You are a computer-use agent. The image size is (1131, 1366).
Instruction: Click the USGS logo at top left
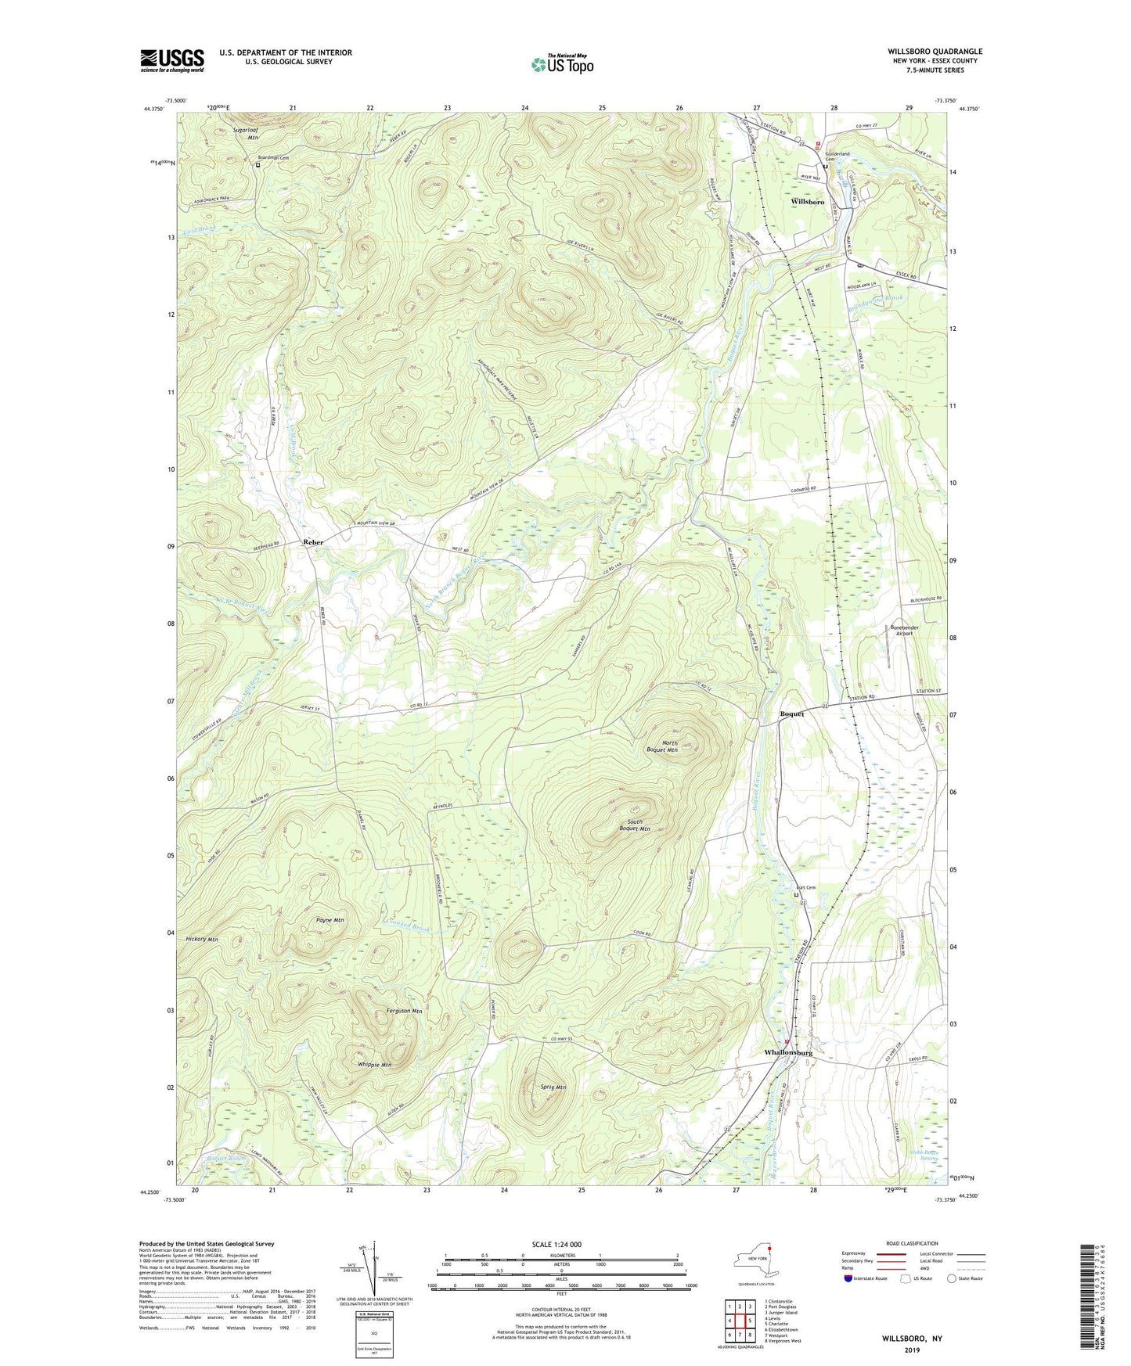[171, 60]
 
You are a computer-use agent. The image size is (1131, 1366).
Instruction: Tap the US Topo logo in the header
[561, 64]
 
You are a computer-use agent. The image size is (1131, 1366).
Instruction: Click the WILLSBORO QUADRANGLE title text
[930, 52]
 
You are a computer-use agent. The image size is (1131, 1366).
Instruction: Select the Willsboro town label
[808, 202]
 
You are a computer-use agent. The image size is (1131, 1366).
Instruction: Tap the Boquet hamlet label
[792, 714]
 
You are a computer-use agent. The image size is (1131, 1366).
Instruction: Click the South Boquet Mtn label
[634, 825]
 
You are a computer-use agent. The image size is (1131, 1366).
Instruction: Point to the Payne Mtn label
[330, 920]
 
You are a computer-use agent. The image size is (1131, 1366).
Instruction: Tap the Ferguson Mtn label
[404, 1011]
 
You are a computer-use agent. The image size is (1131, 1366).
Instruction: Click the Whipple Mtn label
[374, 1065]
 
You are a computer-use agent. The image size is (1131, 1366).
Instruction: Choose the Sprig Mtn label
[553, 1087]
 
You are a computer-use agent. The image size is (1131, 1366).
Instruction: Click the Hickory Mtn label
[202, 938]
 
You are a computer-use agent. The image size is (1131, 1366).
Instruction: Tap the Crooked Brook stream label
[407, 929]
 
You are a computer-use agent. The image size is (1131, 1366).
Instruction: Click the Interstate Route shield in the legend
[849, 1278]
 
